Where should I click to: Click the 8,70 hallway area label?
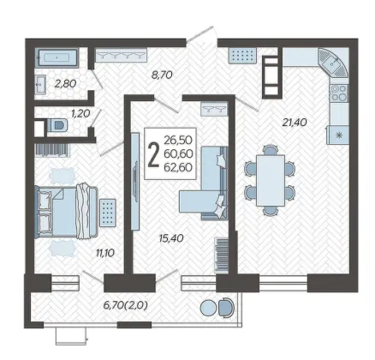(161, 75)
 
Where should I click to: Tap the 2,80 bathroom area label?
(65, 84)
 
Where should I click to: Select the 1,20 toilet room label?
(80, 113)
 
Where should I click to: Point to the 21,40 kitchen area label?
(295, 123)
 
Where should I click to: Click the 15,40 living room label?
(171, 237)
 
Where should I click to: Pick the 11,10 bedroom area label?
(105, 252)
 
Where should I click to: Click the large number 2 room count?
(154, 154)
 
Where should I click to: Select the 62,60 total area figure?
(178, 167)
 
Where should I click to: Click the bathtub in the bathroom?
(57, 58)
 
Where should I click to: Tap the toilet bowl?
(57, 125)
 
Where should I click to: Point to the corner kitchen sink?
(333, 63)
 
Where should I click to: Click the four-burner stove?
(339, 93)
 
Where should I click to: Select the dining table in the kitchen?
(271, 180)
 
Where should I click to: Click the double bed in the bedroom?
(67, 212)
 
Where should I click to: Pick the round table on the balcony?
(209, 308)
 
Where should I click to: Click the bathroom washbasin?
(40, 84)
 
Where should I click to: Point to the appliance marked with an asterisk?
(338, 135)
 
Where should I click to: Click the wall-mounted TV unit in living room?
(134, 181)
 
